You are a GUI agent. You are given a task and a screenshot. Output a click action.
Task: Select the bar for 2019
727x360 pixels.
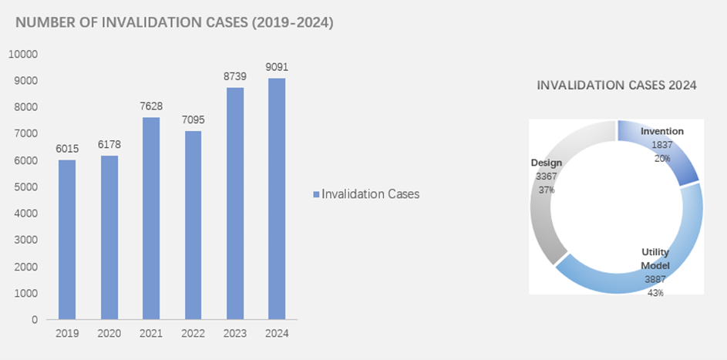click(x=67, y=239)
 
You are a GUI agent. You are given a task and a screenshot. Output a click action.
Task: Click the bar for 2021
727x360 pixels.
click(x=150, y=217)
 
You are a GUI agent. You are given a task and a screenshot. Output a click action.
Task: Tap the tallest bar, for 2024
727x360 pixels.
click(x=276, y=198)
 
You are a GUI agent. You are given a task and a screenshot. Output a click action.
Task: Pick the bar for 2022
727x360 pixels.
click(x=192, y=224)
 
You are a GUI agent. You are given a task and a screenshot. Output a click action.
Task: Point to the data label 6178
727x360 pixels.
click(x=109, y=145)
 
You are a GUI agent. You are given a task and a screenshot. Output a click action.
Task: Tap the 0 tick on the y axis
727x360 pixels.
click(x=35, y=320)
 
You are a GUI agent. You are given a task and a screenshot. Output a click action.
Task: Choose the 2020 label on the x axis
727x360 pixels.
click(x=109, y=333)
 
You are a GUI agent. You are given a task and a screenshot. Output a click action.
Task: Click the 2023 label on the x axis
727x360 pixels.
click(x=234, y=333)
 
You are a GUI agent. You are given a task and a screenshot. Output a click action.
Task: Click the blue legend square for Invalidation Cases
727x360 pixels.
click(x=315, y=194)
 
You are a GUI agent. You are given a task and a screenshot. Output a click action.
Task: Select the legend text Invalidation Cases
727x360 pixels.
click(x=370, y=194)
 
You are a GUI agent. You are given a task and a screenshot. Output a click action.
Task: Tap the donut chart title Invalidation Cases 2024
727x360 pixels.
click(x=617, y=86)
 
